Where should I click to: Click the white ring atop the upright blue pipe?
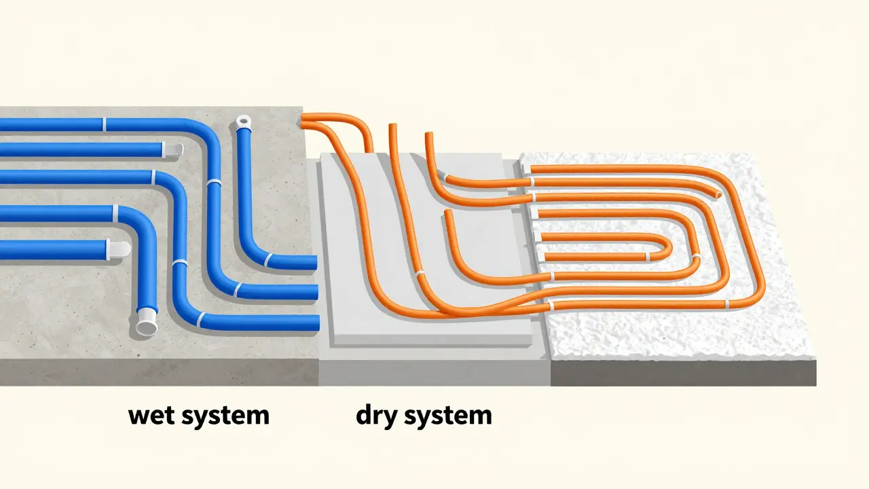pyautogui.click(x=243, y=122)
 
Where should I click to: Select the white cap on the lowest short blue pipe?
pyautogui.click(x=118, y=249)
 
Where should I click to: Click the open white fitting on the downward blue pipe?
pyautogui.click(x=147, y=321)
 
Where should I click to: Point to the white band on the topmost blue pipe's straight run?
pyautogui.click(x=104, y=124)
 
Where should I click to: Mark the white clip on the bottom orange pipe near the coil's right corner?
pyautogui.click(x=726, y=305)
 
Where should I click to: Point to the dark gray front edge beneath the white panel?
pyautogui.click(x=683, y=373)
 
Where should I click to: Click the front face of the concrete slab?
pyautogui.click(x=159, y=372)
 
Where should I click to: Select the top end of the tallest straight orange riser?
pyautogui.click(x=392, y=126)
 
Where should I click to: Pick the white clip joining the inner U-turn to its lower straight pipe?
pyautogui.click(x=647, y=257)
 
